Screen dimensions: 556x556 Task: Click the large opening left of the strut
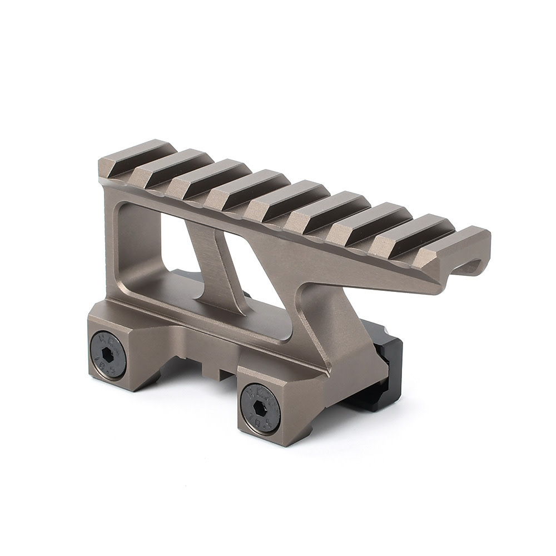click(158, 245)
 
